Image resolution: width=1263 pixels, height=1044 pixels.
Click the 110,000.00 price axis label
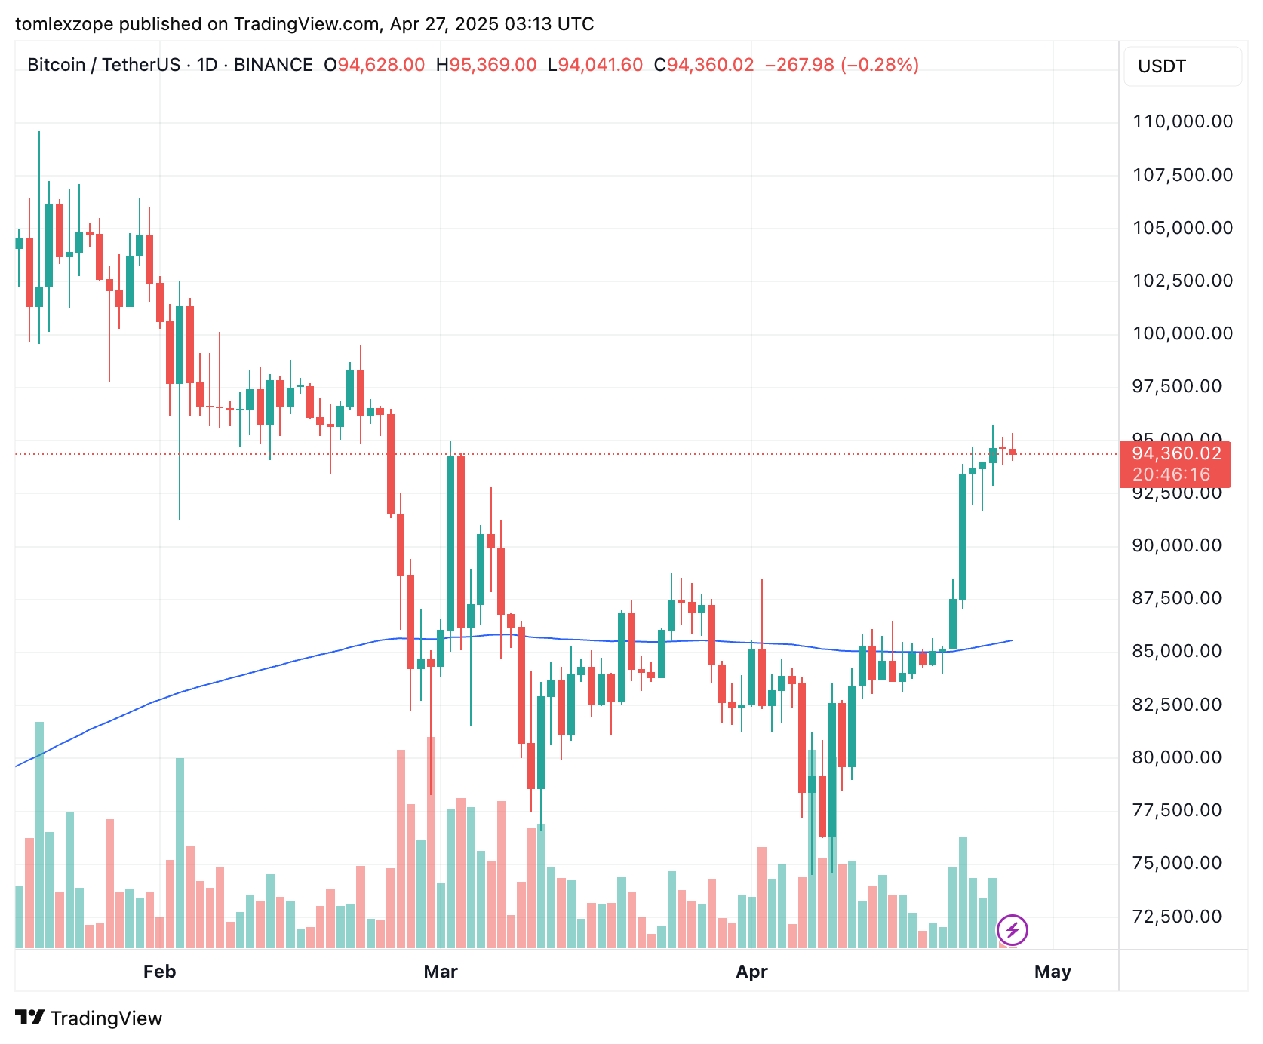point(1182,121)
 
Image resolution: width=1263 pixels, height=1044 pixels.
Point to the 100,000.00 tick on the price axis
point(1182,333)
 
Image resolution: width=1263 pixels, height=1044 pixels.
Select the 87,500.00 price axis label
point(1176,598)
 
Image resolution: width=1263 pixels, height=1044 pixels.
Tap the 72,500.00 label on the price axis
point(1176,917)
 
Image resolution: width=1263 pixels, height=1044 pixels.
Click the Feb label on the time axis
point(159,972)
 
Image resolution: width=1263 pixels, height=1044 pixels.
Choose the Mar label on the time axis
point(441,972)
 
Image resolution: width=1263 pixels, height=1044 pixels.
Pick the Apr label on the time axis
point(751,972)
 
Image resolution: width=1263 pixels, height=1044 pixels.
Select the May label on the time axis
point(1052,972)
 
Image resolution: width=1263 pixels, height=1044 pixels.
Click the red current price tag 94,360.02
point(1176,453)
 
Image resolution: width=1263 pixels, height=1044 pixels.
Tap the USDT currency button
point(1182,66)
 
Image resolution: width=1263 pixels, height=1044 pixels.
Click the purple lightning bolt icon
point(1013,929)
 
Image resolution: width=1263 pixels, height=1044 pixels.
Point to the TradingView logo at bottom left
point(89,1018)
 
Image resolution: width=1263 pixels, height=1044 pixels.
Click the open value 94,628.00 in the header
point(381,65)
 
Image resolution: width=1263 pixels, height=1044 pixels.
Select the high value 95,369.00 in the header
point(493,65)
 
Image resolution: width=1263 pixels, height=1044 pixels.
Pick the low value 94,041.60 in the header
point(600,65)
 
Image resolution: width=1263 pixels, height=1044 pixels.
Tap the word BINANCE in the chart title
point(273,65)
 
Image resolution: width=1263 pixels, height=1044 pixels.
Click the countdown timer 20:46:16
point(1171,474)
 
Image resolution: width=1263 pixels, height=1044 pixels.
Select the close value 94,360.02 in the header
point(710,65)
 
